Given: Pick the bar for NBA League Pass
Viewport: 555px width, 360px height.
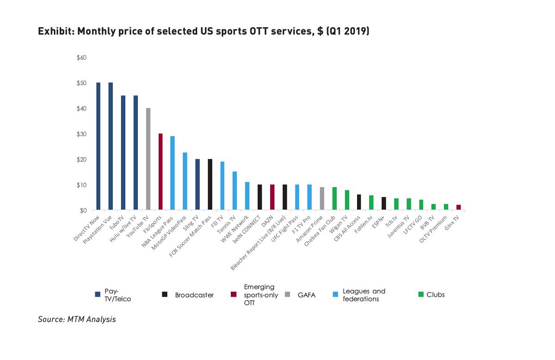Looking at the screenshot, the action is click(x=173, y=173).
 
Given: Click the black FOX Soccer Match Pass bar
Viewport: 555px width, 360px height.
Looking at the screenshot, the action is click(x=210, y=185).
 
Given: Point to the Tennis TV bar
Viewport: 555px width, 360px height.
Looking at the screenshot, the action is click(x=234, y=191).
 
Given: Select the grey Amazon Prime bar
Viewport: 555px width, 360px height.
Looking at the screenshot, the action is click(x=322, y=199).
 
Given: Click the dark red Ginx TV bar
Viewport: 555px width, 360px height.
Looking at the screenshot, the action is click(x=458, y=207).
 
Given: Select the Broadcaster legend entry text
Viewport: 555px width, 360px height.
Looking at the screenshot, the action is click(x=194, y=295).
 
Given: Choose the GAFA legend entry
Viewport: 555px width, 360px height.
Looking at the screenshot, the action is click(x=305, y=295).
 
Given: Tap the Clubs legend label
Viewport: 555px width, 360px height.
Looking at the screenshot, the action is click(x=435, y=294).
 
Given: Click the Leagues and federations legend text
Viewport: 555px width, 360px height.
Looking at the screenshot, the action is click(x=364, y=295).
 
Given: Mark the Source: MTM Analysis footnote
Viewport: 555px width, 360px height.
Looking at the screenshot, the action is click(x=77, y=319).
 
